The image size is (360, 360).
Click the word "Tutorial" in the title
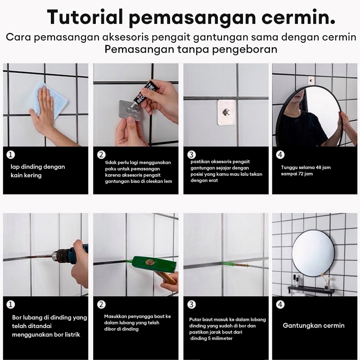tap(85, 17)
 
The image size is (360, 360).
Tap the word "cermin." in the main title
tap(298, 18)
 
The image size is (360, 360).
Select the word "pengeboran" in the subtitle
tap(244, 49)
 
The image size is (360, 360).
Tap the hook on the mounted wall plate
tap(225, 112)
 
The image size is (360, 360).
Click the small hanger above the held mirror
tap(310, 81)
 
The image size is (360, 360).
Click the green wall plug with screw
tap(235, 264)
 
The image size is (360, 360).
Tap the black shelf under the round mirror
tap(311, 291)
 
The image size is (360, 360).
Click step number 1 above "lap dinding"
tap(10, 155)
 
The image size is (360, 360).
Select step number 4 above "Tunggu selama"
tap(280, 155)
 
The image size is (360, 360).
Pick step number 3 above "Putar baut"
tap(191, 305)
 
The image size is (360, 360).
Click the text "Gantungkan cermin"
tap(314, 325)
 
